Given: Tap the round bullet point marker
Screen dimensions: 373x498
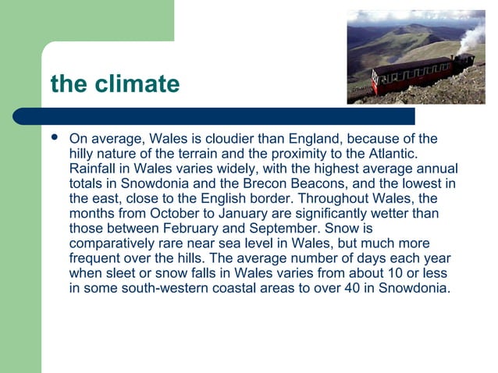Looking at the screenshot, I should [54, 138].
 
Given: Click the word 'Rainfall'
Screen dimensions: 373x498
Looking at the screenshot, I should [94, 169].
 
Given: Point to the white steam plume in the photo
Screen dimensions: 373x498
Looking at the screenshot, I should [474, 35].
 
